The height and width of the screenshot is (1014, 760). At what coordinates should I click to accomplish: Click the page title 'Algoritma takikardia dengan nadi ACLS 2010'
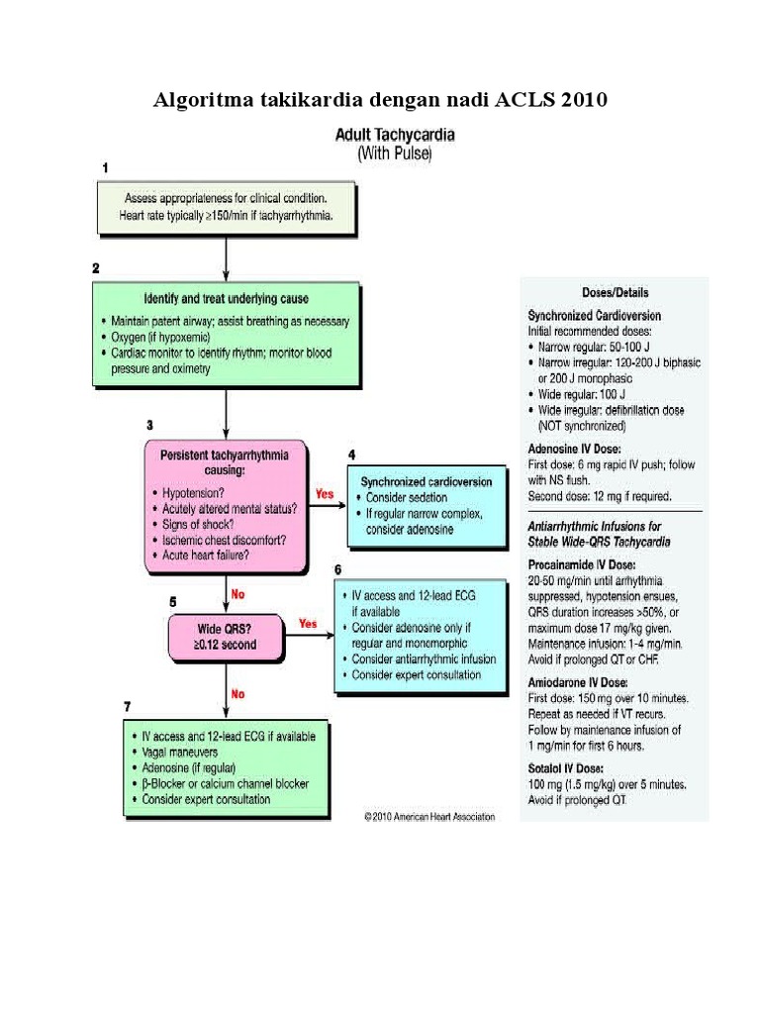click(x=380, y=100)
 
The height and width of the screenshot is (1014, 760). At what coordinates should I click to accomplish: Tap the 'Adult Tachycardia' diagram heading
click(x=395, y=135)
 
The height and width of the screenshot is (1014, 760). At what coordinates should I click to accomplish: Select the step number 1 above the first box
click(x=105, y=168)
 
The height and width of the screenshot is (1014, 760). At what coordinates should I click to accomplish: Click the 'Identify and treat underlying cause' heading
click(x=227, y=299)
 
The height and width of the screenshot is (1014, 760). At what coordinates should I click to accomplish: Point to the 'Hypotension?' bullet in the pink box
click(x=193, y=493)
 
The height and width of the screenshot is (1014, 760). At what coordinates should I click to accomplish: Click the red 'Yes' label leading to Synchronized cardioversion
click(x=325, y=494)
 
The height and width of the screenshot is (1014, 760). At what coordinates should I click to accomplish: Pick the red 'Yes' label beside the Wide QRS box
click(x=308, y=624)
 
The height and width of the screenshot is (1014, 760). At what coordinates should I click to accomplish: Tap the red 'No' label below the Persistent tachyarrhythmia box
click(x=237, y=594)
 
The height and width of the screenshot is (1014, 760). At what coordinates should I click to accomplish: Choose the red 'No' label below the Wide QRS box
click(x=237, y=694)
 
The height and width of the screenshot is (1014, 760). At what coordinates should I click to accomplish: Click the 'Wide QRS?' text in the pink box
click(x=225, y=629)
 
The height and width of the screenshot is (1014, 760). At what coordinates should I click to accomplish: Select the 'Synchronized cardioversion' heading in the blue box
click(x=427, y=482)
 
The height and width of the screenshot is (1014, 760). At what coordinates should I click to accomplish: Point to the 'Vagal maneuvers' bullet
click(x=180, y=753)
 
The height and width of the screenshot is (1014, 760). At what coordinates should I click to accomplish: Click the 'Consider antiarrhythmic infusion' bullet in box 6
click(x=424, y=659)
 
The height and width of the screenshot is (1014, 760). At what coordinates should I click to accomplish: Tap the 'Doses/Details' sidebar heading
click(x=616, y=292)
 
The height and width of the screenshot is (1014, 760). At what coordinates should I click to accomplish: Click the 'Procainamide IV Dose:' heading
click(x=582, y=564)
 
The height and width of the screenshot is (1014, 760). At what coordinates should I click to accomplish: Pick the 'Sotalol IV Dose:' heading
click(x=565, y=768)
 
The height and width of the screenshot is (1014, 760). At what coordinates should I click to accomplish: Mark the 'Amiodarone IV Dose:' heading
click(x=578, y=682)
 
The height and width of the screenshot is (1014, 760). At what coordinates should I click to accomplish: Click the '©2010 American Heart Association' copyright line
click(x=429, y=817)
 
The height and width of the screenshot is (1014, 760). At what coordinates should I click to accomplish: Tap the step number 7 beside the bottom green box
click(x=128, y=707)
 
